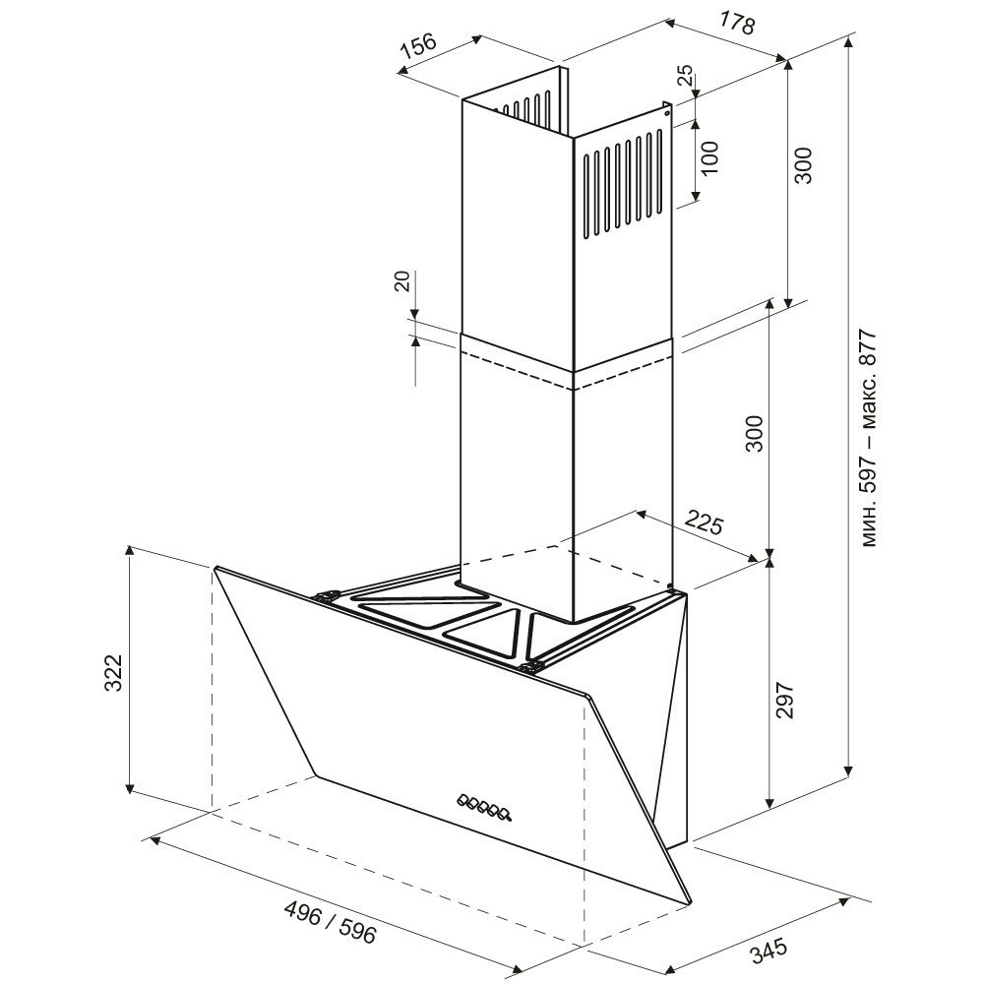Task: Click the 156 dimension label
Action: (418, 47)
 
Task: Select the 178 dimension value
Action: (736, 24)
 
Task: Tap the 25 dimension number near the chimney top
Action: (686, 75)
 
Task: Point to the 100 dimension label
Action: (709, 158)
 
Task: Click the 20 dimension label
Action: (402, 280)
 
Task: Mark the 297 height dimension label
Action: (785, 700)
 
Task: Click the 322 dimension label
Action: (113, 673)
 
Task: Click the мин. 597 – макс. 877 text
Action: (869, 438)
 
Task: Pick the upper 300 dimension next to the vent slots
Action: (803, 165)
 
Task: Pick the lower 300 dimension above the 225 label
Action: (755, 434)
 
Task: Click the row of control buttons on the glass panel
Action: (484, 808)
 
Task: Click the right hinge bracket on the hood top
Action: (531, 666)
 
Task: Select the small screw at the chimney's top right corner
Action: (666, 113)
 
